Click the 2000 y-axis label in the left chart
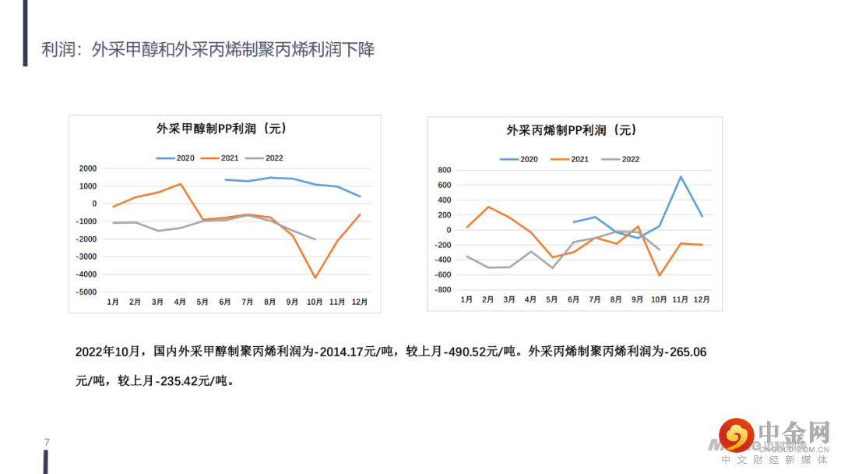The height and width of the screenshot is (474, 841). click(x=88, y=168)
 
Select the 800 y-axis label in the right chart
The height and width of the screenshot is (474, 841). click(x=445, y=170)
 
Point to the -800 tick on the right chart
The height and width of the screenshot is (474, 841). click(x=442, y=290)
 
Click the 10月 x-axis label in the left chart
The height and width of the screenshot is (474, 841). click(x=315, y=302)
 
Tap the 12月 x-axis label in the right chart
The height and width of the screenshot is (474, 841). click(x=702, y=300)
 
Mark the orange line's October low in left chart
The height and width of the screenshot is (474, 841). click(x=315, y=278)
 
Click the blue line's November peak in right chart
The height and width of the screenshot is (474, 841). click(x=681, y=176)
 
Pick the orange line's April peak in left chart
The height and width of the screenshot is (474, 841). click(x=180, y=184)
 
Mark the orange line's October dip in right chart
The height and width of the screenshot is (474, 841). click(x=659, y=275)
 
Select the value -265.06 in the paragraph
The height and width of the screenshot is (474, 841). click(x=683, y=352)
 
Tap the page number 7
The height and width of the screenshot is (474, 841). click(x=47, y=443)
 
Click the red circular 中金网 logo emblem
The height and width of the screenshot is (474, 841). click(x=736, y=434)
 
